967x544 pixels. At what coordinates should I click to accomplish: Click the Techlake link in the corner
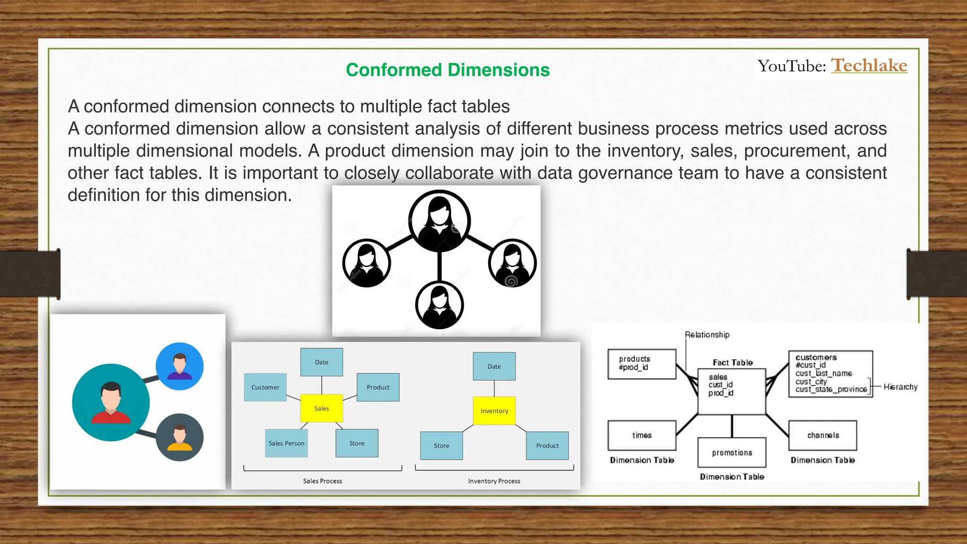click(869, 66)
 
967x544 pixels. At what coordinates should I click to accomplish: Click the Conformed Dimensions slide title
click(448, 70)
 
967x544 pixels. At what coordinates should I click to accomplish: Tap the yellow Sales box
click(322, 408)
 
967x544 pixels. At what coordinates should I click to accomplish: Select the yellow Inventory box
click(494, 411)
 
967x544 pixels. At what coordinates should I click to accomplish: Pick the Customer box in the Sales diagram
click(265, 387)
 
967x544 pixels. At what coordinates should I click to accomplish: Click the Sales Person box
click(286, 443)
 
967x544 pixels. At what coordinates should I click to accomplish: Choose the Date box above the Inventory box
click(494, 366)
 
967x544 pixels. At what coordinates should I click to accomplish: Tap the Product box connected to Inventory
click(547, 445)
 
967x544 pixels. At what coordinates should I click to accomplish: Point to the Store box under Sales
click(356, 443)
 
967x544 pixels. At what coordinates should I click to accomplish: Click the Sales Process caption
click(322, 481)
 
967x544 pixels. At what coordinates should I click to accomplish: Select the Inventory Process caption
click(494, 481)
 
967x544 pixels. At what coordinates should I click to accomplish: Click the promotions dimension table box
click(732, 453)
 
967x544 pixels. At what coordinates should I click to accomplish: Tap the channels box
click(823, 435)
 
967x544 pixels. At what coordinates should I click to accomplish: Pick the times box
click(642, 435)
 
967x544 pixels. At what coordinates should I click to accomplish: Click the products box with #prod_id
click(642, 364)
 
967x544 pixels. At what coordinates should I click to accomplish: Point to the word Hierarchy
click(900, 387)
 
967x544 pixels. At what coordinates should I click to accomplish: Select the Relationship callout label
click(707, 335)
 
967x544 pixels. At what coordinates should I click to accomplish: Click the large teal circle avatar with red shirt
click(111, 402)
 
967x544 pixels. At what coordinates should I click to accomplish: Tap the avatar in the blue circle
click(179, 366)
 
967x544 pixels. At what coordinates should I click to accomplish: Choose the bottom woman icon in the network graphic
click(439, 305)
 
